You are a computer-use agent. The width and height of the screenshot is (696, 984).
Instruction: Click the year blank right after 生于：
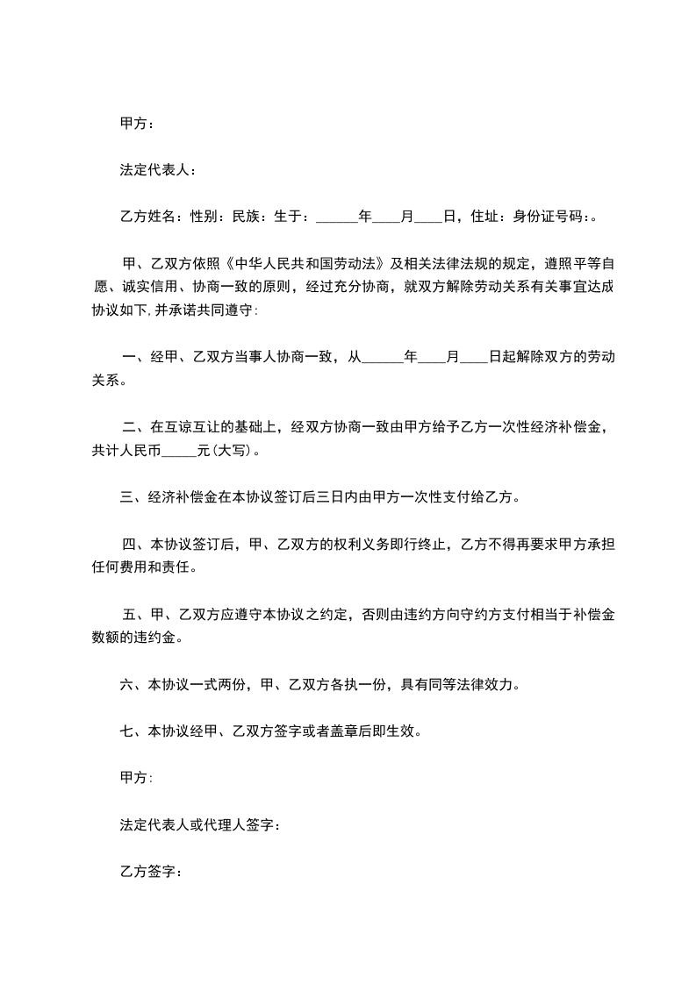click(x=336, y=217)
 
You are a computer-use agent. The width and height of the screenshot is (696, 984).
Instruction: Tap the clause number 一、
click(x=133, y=357)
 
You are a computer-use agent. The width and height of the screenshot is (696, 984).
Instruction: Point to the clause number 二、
click(x=133, y=428)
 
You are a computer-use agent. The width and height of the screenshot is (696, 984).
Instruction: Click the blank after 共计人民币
click(x=180, y=453)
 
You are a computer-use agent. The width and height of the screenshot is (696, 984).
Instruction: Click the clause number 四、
click(x=133, y=545)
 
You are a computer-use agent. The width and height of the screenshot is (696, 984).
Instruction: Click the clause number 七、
click(x=130, y=732)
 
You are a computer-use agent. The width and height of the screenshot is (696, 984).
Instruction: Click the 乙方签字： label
click(x=151, y=873)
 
